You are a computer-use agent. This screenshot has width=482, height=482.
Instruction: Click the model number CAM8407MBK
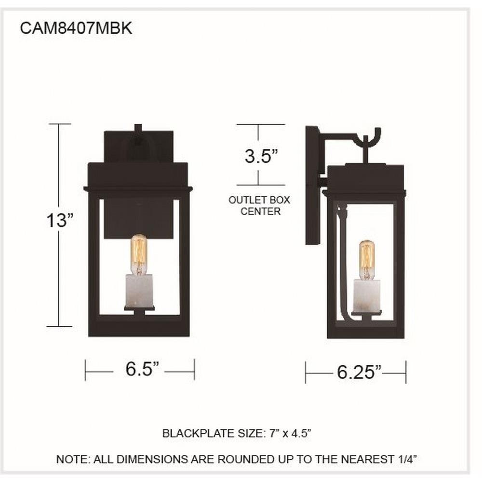pyautogui.click(x=76, y=28)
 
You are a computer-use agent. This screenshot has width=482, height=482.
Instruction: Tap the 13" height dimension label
pyautogui.click(x=60, y=220)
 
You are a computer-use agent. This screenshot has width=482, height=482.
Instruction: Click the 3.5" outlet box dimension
pyautogui.click(x=261, y=156)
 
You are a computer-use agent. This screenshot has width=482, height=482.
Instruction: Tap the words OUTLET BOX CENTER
pyautogui.click(x=259, y=206)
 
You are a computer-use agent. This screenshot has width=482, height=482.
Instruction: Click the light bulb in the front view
pyautogui.click(x=139, y=255)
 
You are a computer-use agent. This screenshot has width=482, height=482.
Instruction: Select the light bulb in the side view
pyautogui.click(x=367, y=260)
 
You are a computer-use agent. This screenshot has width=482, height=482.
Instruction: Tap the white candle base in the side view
pyautogui.click(x=367, y=295)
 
